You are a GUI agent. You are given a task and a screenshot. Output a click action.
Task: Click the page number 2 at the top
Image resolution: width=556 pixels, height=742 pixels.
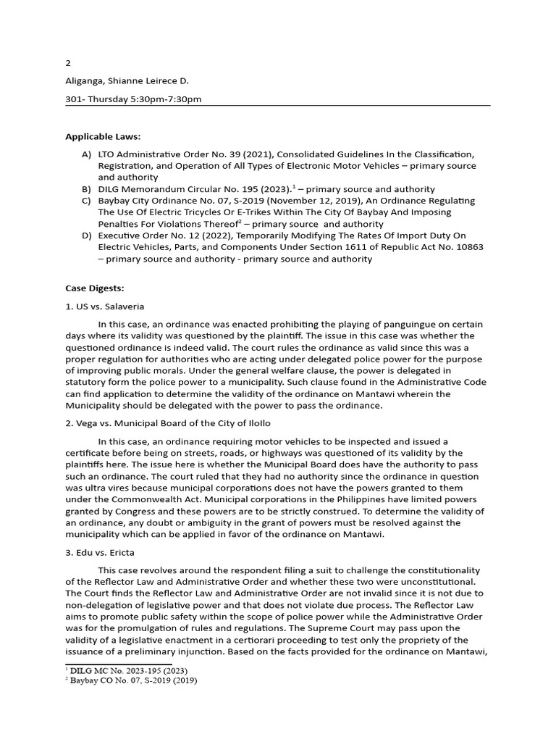coord(67,63)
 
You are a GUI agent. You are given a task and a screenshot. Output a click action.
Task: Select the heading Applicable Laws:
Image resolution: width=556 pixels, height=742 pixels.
coord(103,136)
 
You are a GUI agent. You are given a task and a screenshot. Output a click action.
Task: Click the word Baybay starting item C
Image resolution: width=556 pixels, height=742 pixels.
coord(114,201)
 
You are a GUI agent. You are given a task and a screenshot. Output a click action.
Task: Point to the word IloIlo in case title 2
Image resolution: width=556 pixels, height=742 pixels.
coord(255,423)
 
